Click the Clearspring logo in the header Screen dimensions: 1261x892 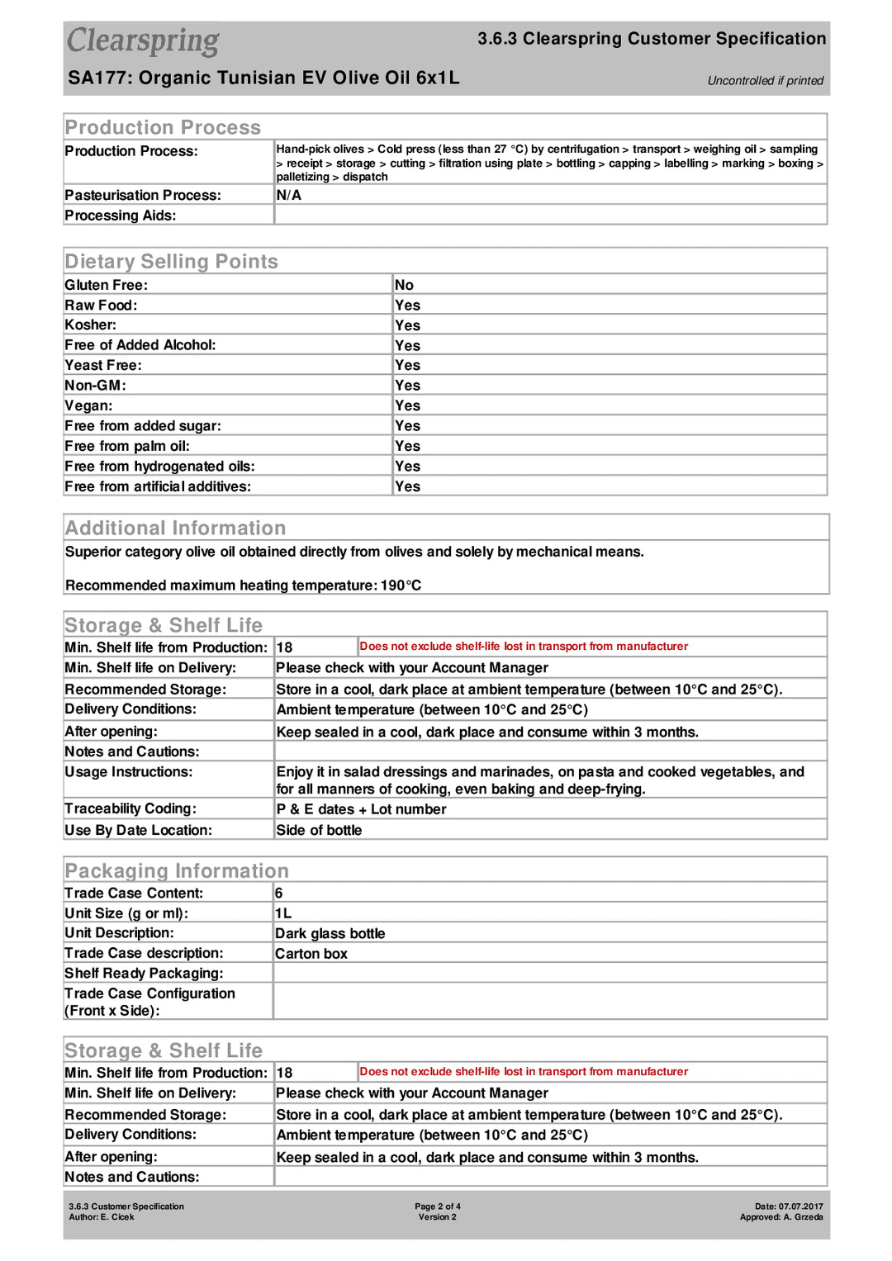click(143, 40)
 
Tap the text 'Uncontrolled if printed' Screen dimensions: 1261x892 click(765, 81)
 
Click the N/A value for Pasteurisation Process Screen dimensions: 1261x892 click(288, 196)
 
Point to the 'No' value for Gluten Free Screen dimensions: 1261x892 click(404, 285)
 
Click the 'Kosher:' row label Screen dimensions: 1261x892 click(90, 325)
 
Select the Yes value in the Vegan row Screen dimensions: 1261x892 click(407, 405)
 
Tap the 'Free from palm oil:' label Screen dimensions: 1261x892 click(127, 446)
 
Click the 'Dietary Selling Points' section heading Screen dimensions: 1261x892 click(171, 262)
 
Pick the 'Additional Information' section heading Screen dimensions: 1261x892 click(175, 528)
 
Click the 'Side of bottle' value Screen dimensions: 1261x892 click(319, 831)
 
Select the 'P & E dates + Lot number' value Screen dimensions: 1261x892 click(361, 809)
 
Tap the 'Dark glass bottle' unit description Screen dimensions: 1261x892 click(330, 934)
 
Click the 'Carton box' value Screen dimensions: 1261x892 click(311, 954)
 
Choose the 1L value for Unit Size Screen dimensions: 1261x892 click(283, 913)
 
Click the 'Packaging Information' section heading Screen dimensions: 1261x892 click(177, 871)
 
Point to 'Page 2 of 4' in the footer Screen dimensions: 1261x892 click(438, 1206)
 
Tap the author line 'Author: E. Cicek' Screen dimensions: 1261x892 click(101, 1217)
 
